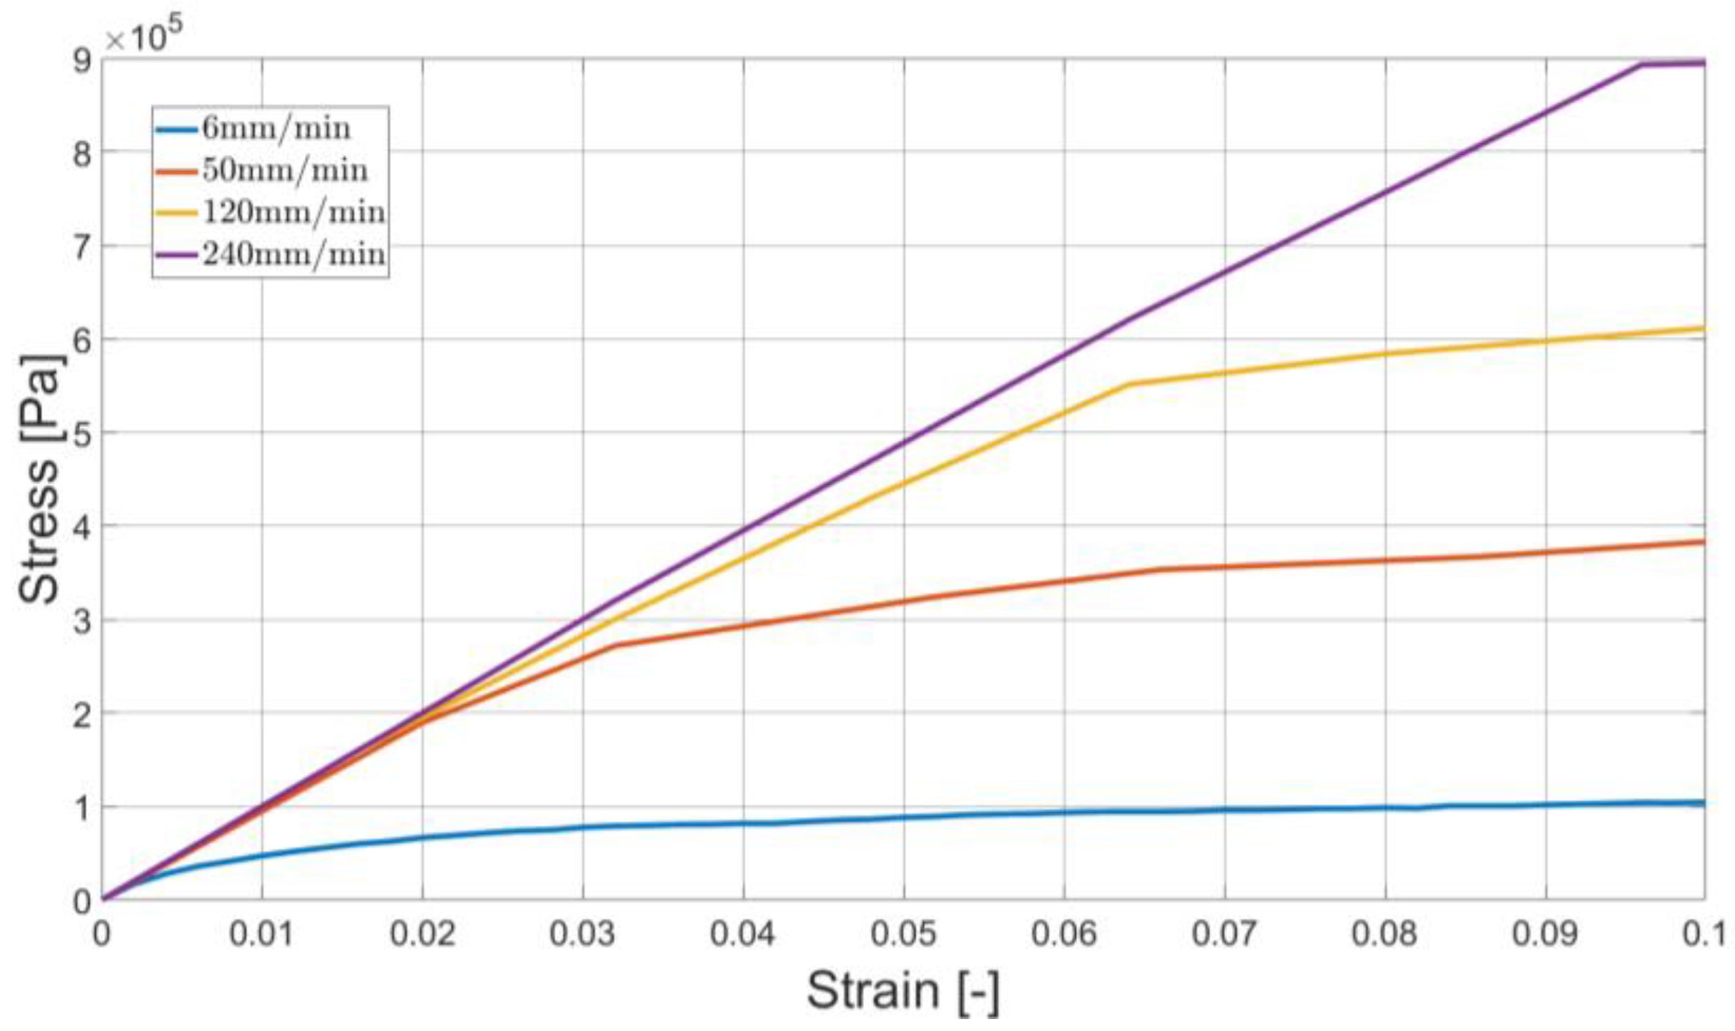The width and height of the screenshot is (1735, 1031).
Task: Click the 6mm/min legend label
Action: pyautogui.click(x=276, y=129)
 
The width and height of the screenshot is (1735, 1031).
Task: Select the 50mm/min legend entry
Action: pyautogui.click(x=285, y=170)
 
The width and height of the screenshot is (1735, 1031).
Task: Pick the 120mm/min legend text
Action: pyautogui.click(x=293, y=212)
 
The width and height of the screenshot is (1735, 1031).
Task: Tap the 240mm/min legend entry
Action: pyautogui.click(x=293, y=254)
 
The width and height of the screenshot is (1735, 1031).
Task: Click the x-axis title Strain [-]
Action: pyautogui.click(x=903, y=991)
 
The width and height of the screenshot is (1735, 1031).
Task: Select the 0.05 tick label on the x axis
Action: pyautogui.click(x=903, y=934)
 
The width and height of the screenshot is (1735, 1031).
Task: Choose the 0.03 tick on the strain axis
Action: pyautogui.click(x=583, y=934)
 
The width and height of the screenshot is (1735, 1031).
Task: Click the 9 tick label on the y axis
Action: pyautogui.click(x=82, y=61)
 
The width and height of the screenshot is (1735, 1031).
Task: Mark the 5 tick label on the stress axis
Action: pyautogui.click(x=82, y=433)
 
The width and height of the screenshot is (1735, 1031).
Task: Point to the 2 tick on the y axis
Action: pyautogui.click(x=82, y=714)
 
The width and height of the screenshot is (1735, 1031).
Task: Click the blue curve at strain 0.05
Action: pyautogui.click(x=904, y=817)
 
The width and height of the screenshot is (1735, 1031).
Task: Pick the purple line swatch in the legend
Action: pyautogui.click(x=177, y=254)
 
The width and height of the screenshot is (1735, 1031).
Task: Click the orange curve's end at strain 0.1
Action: pyautogui.click(x=1701, y=541)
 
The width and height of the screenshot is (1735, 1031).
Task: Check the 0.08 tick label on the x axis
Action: pyautogui.click(x=1385, y=934)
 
